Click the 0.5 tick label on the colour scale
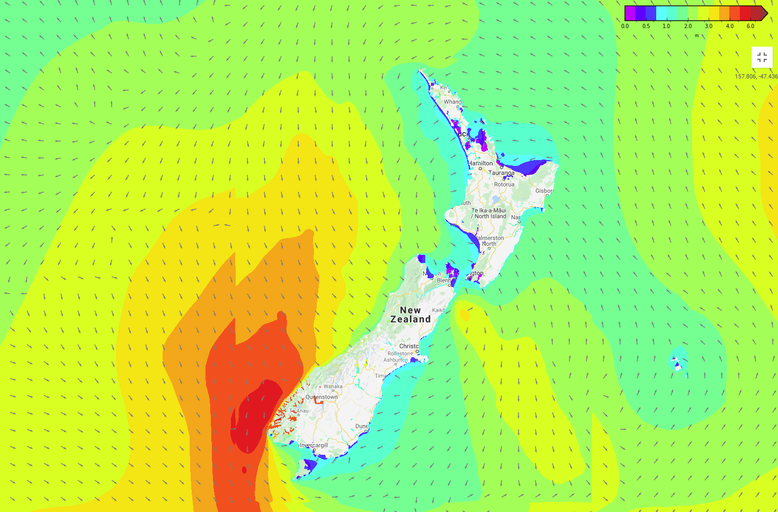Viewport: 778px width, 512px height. [646, 26]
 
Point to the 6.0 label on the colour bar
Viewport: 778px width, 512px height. [750, 26]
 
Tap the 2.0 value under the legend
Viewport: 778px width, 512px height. [688, 26]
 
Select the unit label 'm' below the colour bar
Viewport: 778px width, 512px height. [696, 36]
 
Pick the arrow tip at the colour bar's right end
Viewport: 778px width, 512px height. [764, 13]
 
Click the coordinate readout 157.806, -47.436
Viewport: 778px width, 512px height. [756, 76]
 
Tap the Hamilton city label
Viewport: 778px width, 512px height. [481, 163]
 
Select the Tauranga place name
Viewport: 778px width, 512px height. [501, 173]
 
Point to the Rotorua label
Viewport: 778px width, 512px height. [504, 184]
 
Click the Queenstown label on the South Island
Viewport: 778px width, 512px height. [321, 397]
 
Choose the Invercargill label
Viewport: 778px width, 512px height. [314, 445]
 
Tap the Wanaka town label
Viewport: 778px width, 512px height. [333, 386]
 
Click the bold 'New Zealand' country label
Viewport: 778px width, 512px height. [410, 315]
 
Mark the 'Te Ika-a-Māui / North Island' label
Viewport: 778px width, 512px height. [489, 213]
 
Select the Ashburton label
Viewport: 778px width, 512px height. [396, 360]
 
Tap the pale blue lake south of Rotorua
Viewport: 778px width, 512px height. [495, 200]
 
